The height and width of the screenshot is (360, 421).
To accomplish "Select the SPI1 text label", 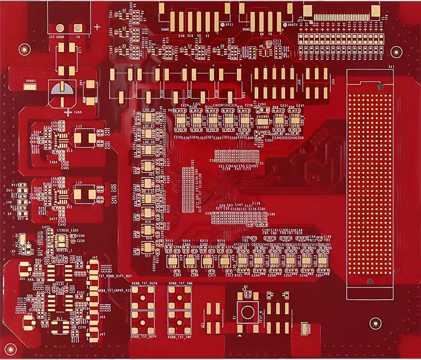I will [229, 25].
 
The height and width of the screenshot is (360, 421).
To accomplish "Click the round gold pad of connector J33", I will [61, 28].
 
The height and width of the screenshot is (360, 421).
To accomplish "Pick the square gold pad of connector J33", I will [78, 28].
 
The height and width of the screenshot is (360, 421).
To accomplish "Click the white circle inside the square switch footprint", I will [246, 312].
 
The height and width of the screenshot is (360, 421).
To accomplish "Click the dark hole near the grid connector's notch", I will [369, 282].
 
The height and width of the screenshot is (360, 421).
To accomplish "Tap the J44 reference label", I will [22, 279].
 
